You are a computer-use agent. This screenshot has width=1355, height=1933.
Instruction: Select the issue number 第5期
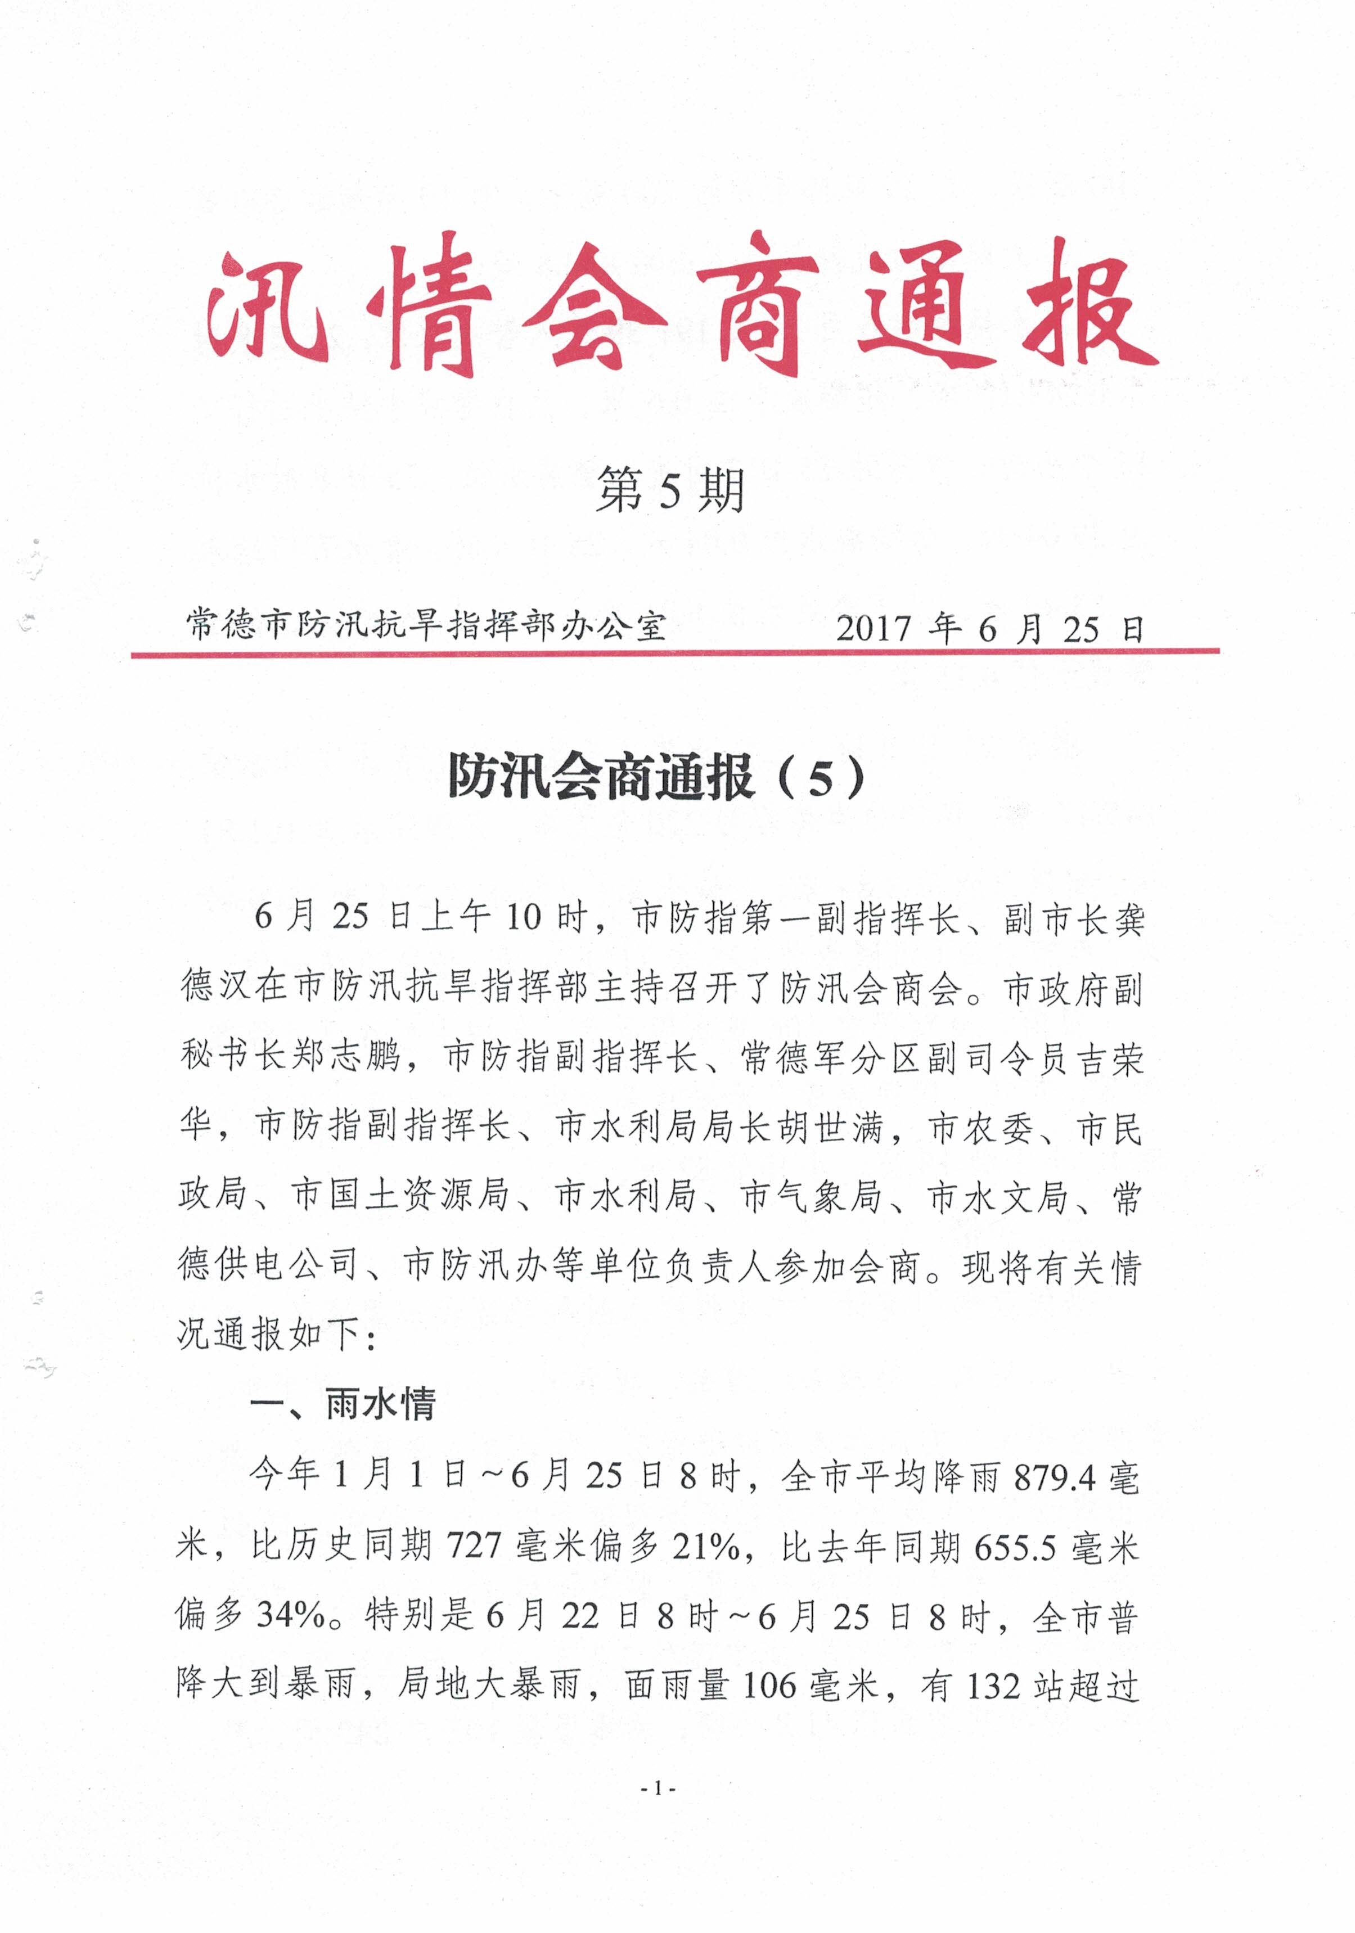click(670, 491)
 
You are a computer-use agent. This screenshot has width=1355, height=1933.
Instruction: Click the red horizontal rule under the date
click(674, 652)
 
